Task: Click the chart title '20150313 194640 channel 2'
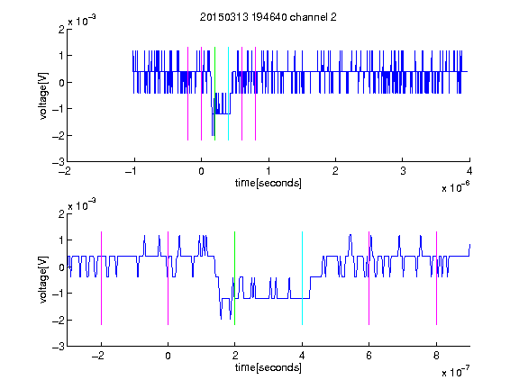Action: pos(269,17)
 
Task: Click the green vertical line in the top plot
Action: pos(214,94)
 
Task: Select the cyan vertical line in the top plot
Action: pos(228,94)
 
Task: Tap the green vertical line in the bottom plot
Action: pos(234,278)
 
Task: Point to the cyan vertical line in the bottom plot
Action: pos(302,278)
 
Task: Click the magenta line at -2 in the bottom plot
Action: pos(101,278)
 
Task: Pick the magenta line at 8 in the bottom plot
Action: pos(437,278)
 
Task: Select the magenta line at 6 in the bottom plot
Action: pos(369,278)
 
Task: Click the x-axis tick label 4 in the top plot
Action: pos(469,171)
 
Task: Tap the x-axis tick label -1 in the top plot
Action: pos(132,171)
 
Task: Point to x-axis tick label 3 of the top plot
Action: pos(403,171)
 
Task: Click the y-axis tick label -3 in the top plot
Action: pos(59,162)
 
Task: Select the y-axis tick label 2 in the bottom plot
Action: pos(61,213)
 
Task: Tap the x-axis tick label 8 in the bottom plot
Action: pos(436,356)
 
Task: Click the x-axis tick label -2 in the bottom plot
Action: pos(98,356)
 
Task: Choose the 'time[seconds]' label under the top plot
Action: pos(269,183)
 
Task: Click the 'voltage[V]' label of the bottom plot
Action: pos(43,279)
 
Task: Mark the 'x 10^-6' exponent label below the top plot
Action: pos(455,187)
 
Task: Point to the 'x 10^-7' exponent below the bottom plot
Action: pos(455,372)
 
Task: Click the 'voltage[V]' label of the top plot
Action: pos(43,95)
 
